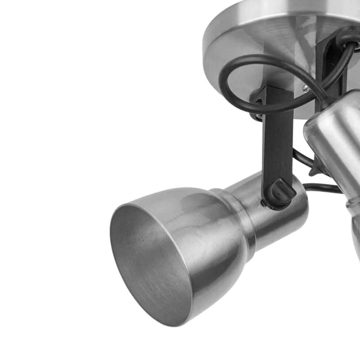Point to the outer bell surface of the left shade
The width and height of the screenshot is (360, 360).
210,240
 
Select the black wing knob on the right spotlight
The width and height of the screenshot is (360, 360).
313,169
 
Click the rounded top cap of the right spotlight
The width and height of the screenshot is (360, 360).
318,126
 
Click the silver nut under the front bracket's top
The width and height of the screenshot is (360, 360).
256,115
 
